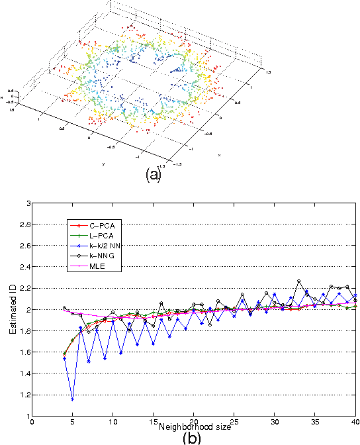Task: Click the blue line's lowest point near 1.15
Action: coord(72,399)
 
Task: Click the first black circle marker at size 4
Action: coord(64,308)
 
